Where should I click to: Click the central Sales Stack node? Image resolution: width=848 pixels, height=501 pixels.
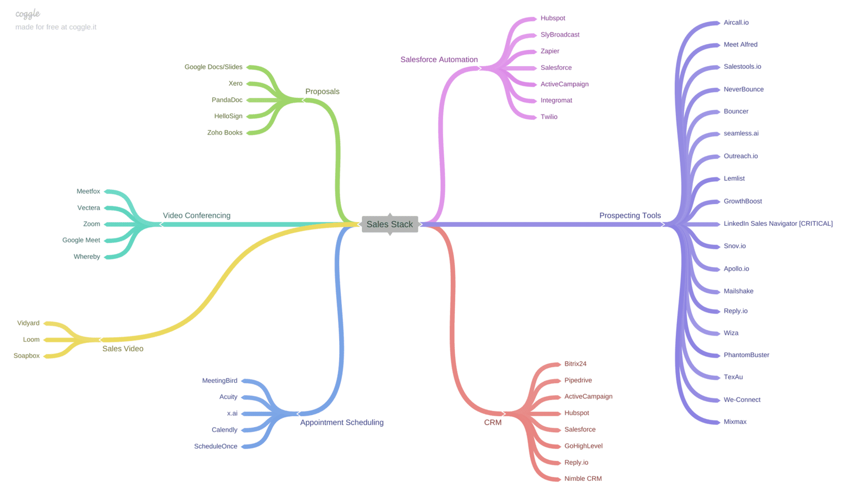(x=390, y=224)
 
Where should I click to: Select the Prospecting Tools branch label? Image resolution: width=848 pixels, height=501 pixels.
(x=630, y=215)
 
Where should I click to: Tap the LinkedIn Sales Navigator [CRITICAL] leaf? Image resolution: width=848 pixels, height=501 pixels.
(x=778, y=224)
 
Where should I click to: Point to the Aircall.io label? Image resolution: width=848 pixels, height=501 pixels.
(x=736, y=22)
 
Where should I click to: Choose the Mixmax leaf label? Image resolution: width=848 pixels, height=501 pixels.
(x=735, y=421)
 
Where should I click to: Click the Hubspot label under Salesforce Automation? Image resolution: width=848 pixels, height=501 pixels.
(x=552, y=18)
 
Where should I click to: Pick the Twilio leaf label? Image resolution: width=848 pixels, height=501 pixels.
(x=549, y=117)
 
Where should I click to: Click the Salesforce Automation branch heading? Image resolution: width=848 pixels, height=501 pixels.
(x=439, y=59)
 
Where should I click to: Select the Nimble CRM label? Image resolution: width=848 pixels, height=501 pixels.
(x=582, y=478)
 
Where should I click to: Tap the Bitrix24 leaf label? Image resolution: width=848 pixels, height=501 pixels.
(x=575, y=364)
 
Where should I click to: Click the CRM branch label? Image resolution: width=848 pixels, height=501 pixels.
(x=492, y=423)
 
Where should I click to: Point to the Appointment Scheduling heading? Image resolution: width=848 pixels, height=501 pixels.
(x=341, y=423)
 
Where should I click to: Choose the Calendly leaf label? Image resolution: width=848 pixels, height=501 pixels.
(x=224, y=429)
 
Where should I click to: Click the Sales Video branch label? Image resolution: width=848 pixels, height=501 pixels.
(x=122, y=348)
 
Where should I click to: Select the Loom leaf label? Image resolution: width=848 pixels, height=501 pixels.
(x=31, y=339)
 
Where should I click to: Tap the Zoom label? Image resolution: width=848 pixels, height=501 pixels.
(x=91, y=224)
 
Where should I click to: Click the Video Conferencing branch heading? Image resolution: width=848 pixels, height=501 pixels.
(x=196, y=215)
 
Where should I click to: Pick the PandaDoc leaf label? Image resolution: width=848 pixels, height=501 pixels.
(x=227, y=100)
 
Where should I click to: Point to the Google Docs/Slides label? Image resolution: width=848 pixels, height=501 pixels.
(x=213, y=67)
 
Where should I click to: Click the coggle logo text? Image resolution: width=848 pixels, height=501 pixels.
(x=28, y=14)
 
